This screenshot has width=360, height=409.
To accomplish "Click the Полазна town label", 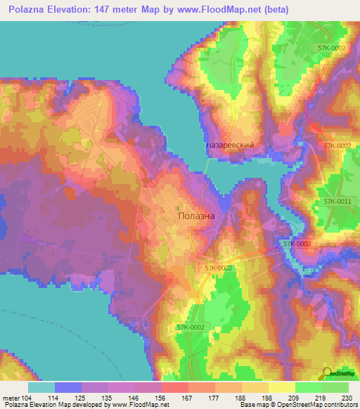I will coord(197,216).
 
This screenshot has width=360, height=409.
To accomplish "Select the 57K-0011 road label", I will coord(337,202).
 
